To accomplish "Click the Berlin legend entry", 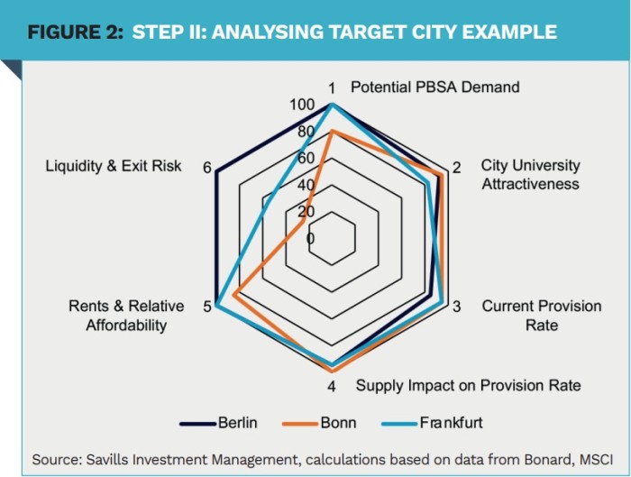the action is [218, 423].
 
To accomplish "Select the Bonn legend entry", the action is [319, 423].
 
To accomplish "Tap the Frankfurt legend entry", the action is [432, 423].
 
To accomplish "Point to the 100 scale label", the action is [302, 105].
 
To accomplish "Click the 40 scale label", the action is [306, 185].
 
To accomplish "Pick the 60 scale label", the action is [306, 158].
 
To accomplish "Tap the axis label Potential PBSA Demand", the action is [435, 87].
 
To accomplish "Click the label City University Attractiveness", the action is [531, 175].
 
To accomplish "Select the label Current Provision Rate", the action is [542, 316].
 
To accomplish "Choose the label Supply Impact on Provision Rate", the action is [469, 386].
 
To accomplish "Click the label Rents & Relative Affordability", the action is [126, 316].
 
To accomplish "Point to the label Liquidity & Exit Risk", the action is [113, 166].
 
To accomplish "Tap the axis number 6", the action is [206, 168].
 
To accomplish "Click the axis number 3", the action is [456, 307].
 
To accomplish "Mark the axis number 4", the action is [331, 387].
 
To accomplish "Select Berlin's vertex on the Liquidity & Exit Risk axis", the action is [216, 172].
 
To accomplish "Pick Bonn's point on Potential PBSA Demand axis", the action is [332, 131].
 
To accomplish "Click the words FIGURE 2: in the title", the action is [75, 32].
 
